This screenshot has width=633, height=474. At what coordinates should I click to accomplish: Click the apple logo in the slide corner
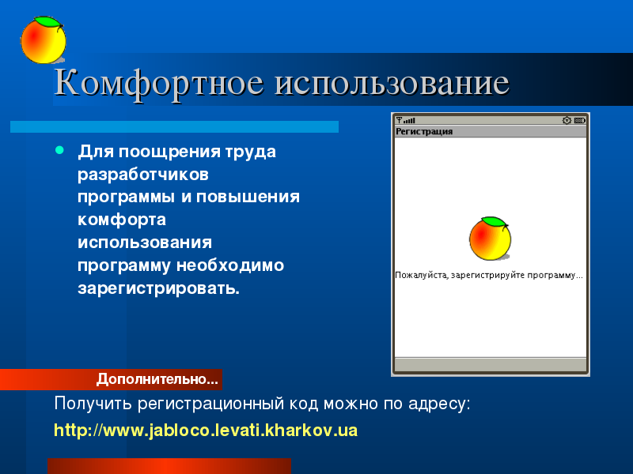coord(44,40)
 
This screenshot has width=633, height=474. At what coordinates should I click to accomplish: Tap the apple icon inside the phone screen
coord(490,239)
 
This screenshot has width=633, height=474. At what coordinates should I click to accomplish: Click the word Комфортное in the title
coord(159,84)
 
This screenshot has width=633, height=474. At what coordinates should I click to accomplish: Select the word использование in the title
coord(392,84)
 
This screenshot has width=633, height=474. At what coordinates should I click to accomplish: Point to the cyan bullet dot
coord(60,150)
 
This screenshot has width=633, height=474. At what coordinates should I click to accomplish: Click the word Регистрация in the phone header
coord(424,131)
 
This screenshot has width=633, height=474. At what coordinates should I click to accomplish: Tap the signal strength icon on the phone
coord(405,120)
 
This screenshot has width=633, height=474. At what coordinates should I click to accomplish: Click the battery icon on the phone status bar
coord(580,120)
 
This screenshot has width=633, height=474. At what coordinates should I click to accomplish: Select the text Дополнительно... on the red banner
coord(157,379)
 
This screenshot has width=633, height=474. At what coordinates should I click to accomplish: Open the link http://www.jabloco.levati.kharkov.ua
coord(206,431)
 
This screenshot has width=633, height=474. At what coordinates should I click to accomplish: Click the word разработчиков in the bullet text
coord(143,174)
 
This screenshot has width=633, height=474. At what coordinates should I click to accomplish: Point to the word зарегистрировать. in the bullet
coord(159,288)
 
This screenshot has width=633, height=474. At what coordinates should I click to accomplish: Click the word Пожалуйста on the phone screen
coord(422,275)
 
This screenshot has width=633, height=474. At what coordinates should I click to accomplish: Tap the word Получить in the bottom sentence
coord(93,404)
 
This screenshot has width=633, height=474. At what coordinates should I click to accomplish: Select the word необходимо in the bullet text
coord(230,265)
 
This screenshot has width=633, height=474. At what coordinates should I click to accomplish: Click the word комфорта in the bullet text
coord(122,220)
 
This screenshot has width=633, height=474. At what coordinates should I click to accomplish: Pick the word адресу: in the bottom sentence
coord(439,404)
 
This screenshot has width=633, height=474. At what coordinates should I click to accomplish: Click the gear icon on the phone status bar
coord(567,120)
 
